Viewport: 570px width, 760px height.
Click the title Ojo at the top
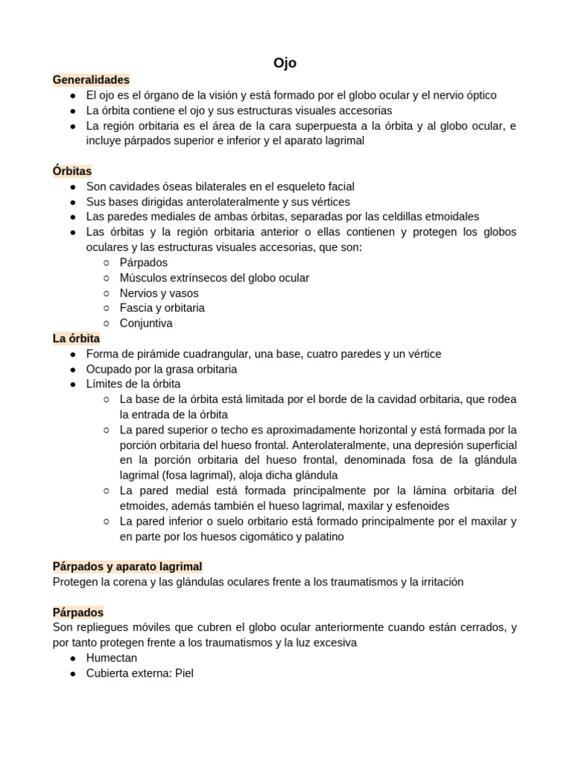click(285, 63)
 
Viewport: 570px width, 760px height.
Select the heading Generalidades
click(91, 79)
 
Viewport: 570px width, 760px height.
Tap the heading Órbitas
click(72, 171)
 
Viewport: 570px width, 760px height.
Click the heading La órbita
click(76, 338)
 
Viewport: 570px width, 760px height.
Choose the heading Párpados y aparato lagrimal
click(127, 566)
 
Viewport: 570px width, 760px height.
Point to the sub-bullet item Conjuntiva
click(145, 323)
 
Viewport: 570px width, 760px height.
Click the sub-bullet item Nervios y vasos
click(159, 292)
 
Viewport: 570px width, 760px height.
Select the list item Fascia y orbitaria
click(162, 307)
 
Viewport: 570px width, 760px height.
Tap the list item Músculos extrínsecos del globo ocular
click(214, 278)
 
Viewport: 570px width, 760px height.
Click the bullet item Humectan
click(111, 658)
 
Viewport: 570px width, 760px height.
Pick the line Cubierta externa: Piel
click(140, 673)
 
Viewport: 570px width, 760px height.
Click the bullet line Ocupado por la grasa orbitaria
click(161, 369)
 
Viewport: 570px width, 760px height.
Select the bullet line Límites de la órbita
click(133, 384)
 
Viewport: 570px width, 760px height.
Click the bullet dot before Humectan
click(73, 658)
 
